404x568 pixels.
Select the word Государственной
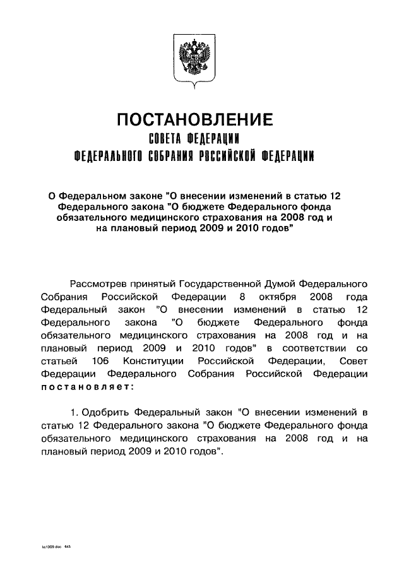225,283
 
